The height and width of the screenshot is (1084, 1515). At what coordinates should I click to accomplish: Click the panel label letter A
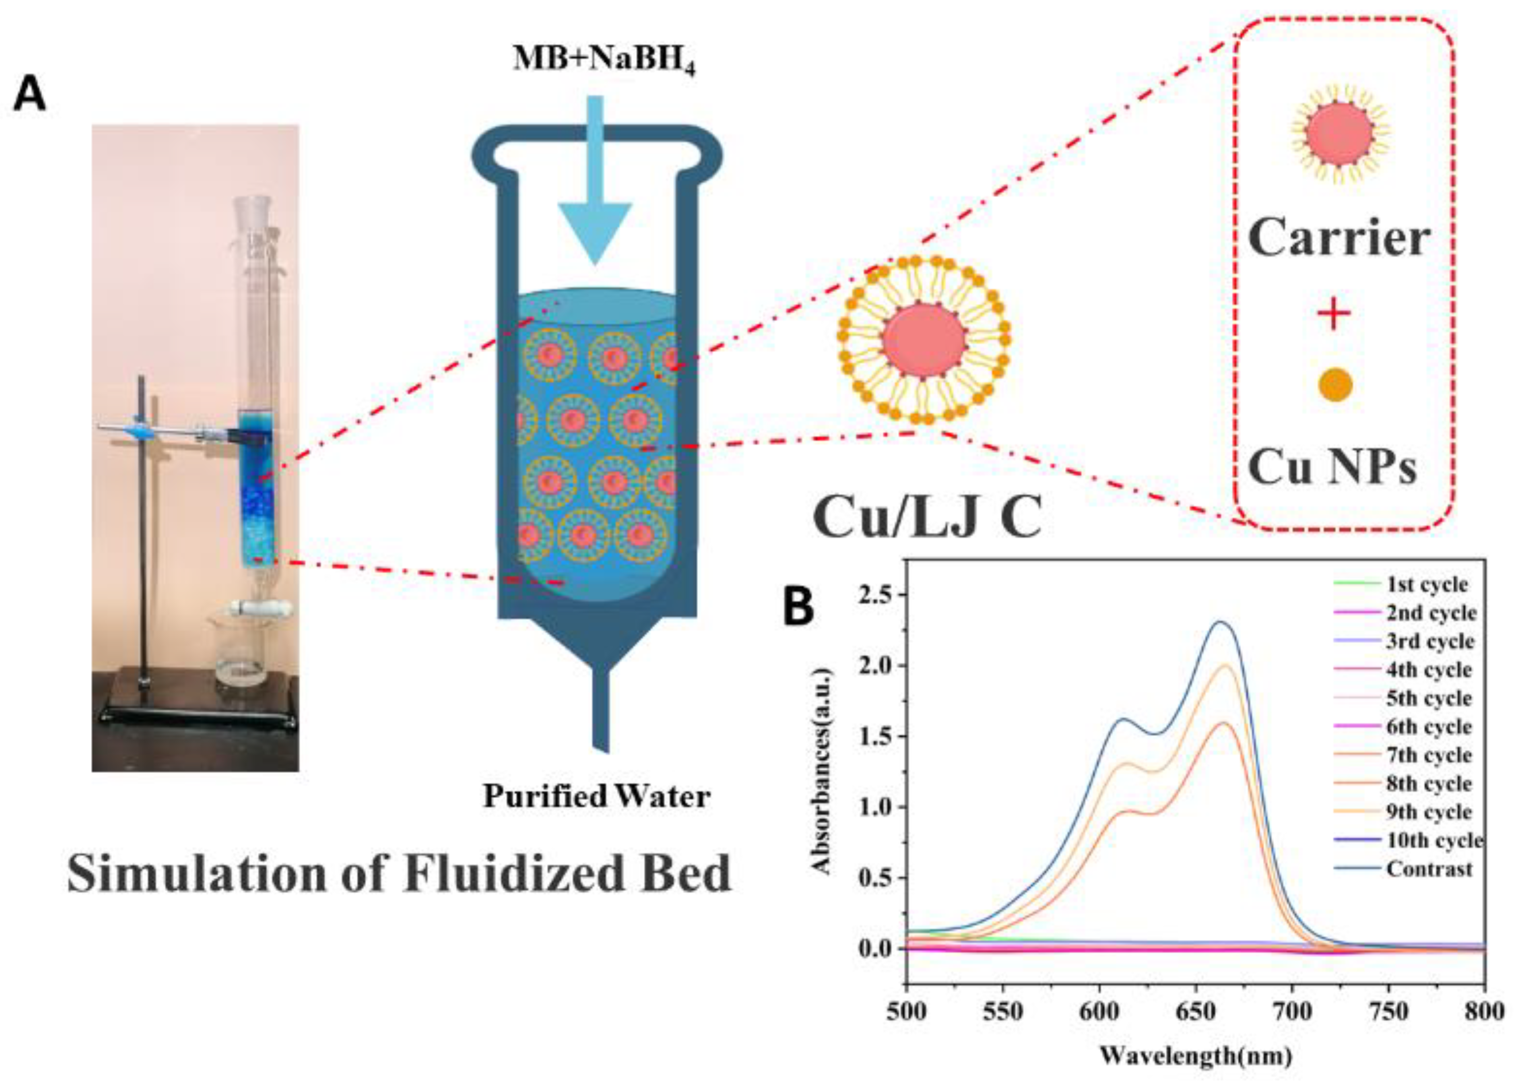tap(30, 94)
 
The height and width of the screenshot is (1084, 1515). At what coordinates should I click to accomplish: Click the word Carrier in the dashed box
tap(1339, 238)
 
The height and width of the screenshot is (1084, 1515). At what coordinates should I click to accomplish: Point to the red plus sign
tap(1334, 313)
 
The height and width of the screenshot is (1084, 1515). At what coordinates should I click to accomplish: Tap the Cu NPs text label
tap(1332, 467)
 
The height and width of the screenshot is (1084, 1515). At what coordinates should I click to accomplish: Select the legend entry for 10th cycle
tap(1434, 840)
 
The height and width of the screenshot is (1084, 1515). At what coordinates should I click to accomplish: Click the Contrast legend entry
tap(1429, 868)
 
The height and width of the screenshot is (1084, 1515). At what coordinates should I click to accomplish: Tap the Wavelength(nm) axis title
tap(1195, 1054)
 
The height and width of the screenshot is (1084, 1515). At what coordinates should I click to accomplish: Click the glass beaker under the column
tap(239, 651)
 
